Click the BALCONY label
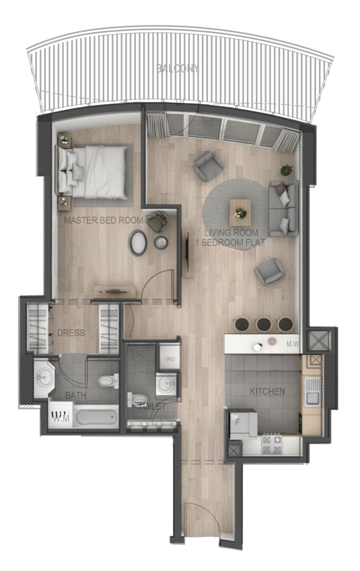tap(178, 68)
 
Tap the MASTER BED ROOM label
tap(104, 220)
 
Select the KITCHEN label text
tap(267, 391)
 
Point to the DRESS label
tap(71, 333)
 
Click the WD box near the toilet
tap(170, 359)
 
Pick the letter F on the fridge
tap(238, 424)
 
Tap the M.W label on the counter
tap(292, 344)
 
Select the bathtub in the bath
tap(96, 417)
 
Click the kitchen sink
tap(312, 391)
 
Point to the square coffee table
tap(240, 213)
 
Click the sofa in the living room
tap(283, 208)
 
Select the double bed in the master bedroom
tap(93, 171)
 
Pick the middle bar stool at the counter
tap(263, 324)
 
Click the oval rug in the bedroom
tap(137, 242)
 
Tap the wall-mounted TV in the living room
tap(187, 252)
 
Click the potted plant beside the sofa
tap(287, 169)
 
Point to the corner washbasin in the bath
tap(44, 378)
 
